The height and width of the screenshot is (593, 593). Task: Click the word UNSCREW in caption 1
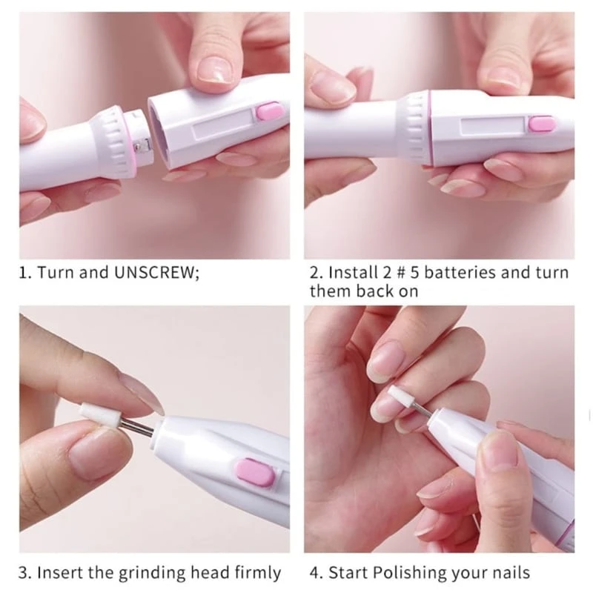(156, 272)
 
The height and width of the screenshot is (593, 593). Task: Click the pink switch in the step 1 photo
(268, 113)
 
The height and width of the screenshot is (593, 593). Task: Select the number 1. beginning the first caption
(24, 272)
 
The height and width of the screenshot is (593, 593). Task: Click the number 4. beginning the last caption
(316, 573)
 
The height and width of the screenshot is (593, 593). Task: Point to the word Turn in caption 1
(56, 272)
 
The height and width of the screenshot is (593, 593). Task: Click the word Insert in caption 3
(62, 573)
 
